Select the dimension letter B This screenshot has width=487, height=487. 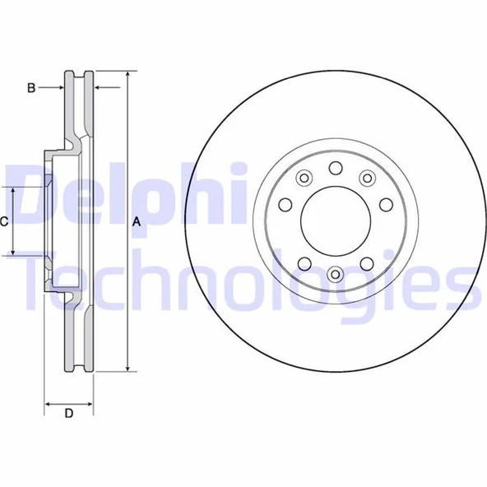click(x=31, y=86)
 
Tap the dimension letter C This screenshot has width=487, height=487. click(x=4, y=220)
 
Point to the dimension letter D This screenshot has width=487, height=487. click(x=69, y=414)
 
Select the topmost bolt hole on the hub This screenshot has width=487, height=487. click(x=335, y=168)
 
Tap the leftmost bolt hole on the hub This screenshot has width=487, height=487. click(x=285, y=205)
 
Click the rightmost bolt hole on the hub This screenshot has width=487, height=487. click(x=385, y=205)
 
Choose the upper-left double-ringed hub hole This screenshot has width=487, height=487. click(x=304, y=177)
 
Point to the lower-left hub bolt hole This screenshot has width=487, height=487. click(x=304, y=264)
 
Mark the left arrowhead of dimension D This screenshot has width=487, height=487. click(x=48, y=404)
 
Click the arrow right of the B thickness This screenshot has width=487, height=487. click(x=100, y=86)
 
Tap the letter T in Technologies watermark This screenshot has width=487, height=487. click(x=37, y=285)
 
